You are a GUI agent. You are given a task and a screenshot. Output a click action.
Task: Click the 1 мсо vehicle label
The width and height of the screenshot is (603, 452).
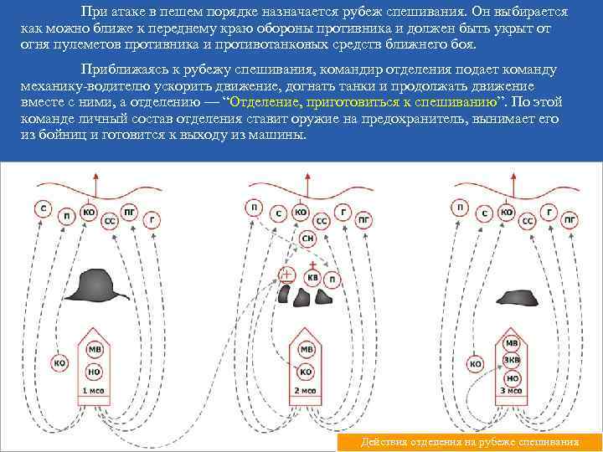[x=94, y=391]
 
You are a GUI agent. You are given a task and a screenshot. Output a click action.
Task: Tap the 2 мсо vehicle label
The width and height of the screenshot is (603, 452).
[x=306, y=391]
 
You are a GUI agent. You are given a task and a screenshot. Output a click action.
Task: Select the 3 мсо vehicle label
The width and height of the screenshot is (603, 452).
[x=512, y=391]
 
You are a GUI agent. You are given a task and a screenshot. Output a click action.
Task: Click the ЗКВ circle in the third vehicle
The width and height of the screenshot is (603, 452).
[x=512, y=361]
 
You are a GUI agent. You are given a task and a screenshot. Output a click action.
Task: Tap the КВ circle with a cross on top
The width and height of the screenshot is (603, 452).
[x=314, y=277]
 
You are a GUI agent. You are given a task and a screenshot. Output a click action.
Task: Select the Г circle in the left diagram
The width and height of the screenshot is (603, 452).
[x=152, y=219]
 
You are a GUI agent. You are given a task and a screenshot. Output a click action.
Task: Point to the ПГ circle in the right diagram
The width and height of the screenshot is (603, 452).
[x=569, y=220]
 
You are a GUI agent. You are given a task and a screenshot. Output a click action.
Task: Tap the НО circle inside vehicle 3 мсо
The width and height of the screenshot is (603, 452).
[x=512, y=378]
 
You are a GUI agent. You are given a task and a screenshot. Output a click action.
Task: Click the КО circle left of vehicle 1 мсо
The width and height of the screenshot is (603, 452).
[x=59, y=363]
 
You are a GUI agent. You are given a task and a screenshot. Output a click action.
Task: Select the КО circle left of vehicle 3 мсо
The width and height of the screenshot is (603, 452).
[x=475, y=363]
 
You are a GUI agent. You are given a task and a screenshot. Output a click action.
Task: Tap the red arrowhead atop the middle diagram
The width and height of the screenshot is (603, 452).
[x=307, y=177]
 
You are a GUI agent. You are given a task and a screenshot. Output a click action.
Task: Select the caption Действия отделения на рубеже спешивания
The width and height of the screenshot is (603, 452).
[x=468, y=442]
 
